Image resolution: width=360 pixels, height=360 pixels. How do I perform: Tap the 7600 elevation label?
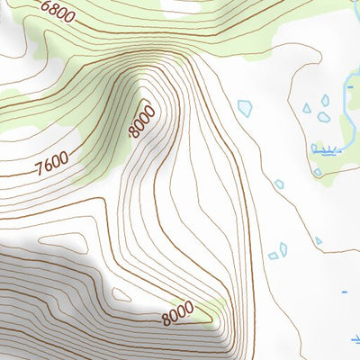(52, 166)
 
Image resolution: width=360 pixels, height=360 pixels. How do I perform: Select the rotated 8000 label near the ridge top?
(142, 121)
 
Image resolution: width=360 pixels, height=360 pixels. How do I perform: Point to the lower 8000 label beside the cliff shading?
(178, 313)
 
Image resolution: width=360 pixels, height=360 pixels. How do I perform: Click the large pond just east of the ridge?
(245, 108)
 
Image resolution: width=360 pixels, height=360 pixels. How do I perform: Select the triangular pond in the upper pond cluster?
(307, 108)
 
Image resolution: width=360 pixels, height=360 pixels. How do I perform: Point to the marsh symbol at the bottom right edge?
(355, 339)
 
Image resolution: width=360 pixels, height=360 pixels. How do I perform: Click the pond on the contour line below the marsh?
(317, 171)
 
